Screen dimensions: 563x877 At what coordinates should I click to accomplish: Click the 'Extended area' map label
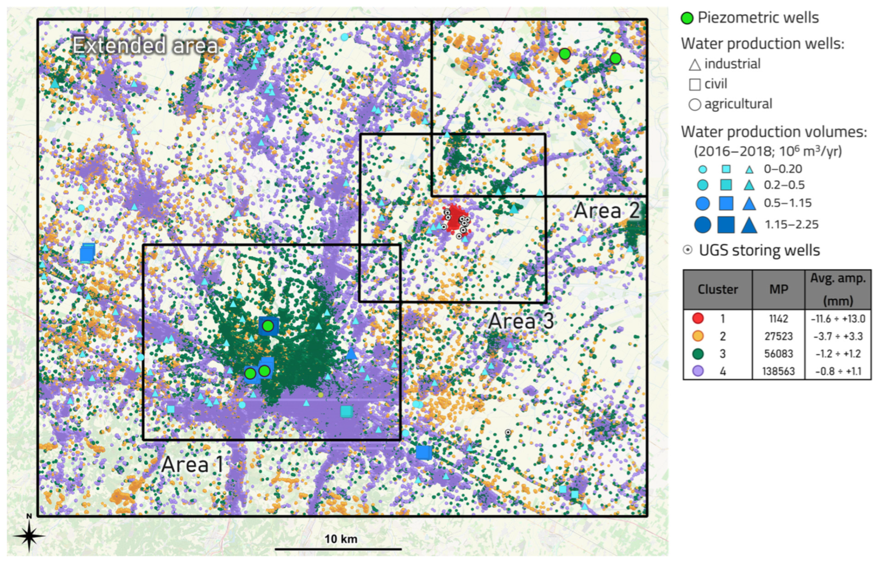tap(145, 46)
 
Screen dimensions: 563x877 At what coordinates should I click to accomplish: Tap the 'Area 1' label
tap(192, 465)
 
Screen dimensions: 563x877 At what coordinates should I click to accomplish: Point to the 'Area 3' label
tap(521, 321)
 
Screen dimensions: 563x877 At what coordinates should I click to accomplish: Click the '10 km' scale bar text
tap(340, 539)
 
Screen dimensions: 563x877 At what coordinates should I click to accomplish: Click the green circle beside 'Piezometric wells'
tap(687, 18)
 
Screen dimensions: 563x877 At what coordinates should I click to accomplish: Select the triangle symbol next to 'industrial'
tap(695, 65)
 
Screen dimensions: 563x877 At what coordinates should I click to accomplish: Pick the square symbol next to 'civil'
tap(695, 85)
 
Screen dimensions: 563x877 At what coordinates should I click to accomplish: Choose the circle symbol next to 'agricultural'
tap(695, 105)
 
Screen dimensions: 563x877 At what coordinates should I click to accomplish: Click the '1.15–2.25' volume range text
tap(791, 225)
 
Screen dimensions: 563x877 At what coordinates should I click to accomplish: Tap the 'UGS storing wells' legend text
tap(759, 251)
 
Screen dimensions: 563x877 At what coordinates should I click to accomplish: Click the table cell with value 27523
tap(778, 336)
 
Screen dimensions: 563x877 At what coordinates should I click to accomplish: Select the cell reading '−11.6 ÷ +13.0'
tap(838, 319)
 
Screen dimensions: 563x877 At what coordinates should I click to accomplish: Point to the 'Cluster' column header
tap(717, 290)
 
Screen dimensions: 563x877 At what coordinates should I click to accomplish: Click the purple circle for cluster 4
tap(698, 372)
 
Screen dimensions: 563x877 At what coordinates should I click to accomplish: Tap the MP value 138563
tap(778, 372)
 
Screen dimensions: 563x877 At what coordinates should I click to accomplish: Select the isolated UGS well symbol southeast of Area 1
tap(507, 432)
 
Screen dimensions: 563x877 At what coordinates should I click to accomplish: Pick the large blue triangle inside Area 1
tap(351, 354)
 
